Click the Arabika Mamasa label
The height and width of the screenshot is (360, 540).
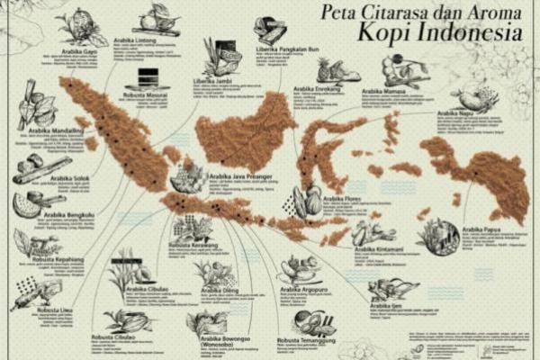click(386, 91)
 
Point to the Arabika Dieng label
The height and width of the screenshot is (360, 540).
click(220, 291)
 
